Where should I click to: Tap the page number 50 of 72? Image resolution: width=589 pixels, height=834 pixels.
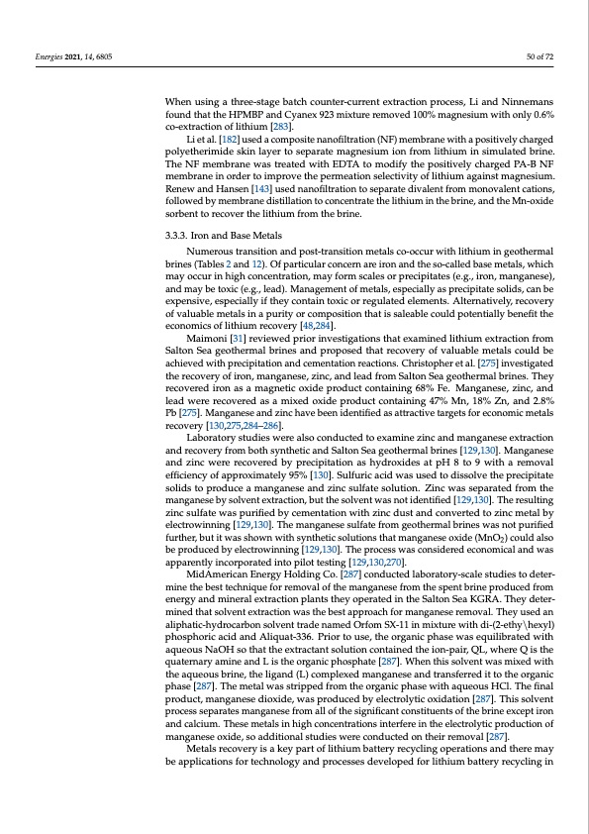point(539,56)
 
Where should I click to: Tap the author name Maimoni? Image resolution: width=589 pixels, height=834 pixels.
point(207,340)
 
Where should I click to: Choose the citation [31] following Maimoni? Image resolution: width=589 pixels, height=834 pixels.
point(238,340)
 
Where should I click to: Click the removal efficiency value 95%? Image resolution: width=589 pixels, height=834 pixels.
point(294,477)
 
